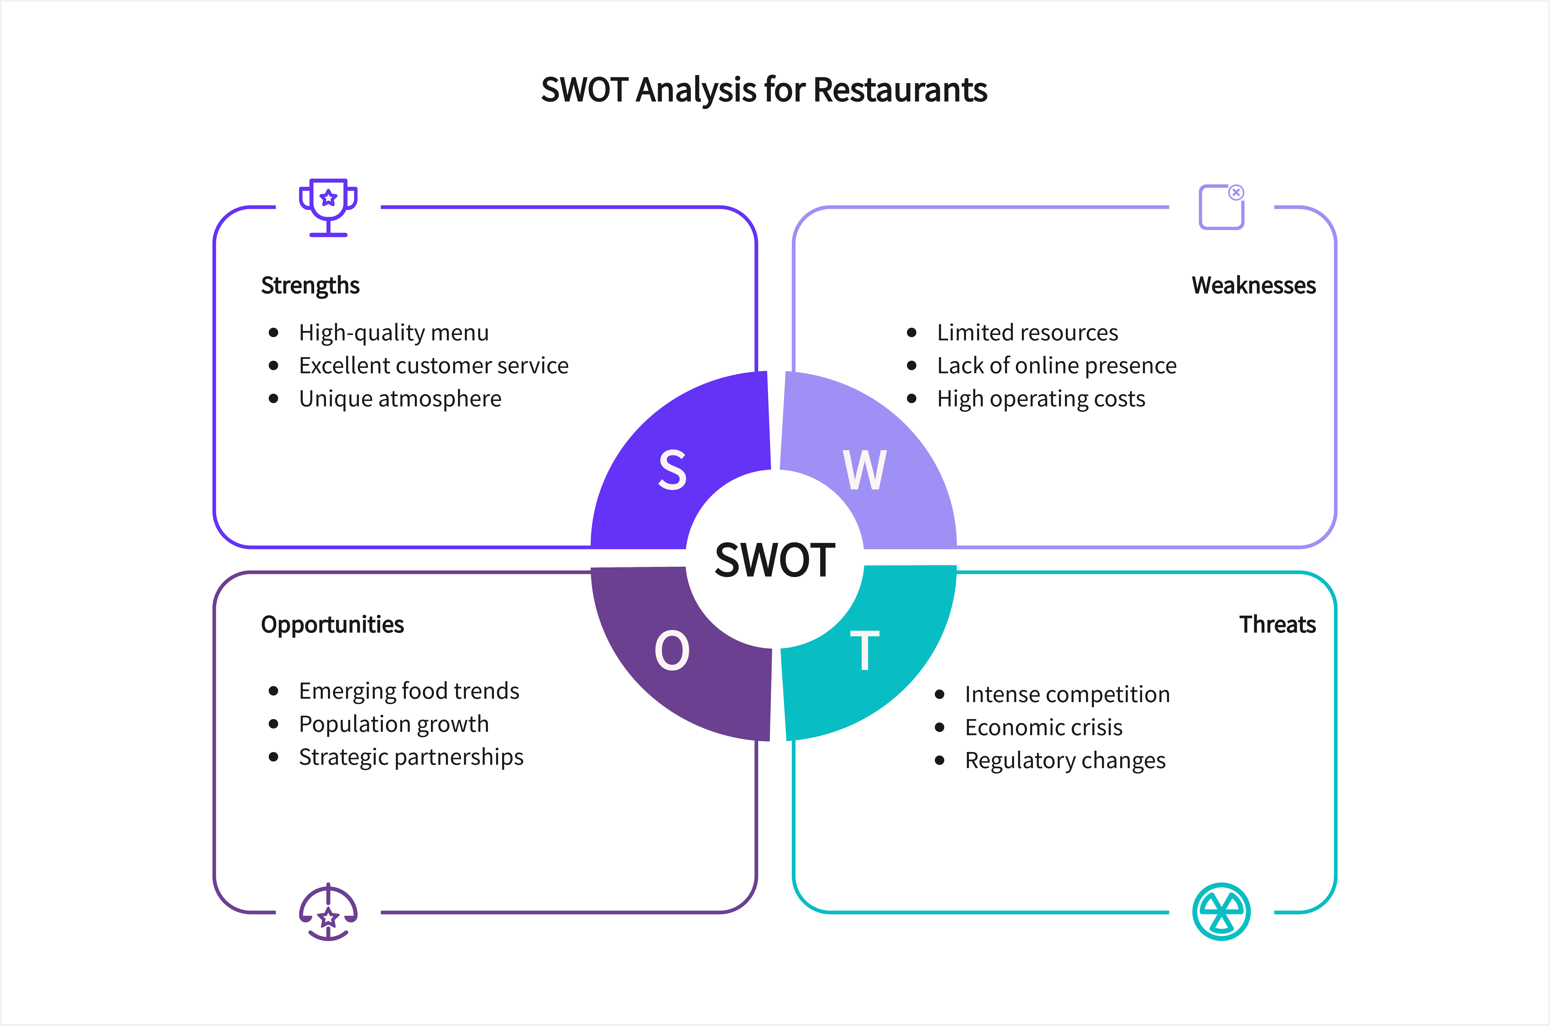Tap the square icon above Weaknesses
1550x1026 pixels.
[1221, 207]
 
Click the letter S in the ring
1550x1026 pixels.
[672, 470]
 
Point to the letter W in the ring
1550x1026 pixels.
[864, 470]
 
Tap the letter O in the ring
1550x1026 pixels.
[672, 650]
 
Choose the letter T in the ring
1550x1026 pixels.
[864, 650]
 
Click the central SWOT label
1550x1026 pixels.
[775, 560]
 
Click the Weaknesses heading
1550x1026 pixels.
[1254, 285]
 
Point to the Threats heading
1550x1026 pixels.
[1277, 624]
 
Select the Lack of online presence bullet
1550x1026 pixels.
[1057, 366]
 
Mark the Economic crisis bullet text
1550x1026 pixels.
[1044, 727]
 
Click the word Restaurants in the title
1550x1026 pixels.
[900, 90]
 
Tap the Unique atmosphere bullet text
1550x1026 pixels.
[400, 399]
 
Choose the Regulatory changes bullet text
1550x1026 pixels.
[1065, 760]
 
